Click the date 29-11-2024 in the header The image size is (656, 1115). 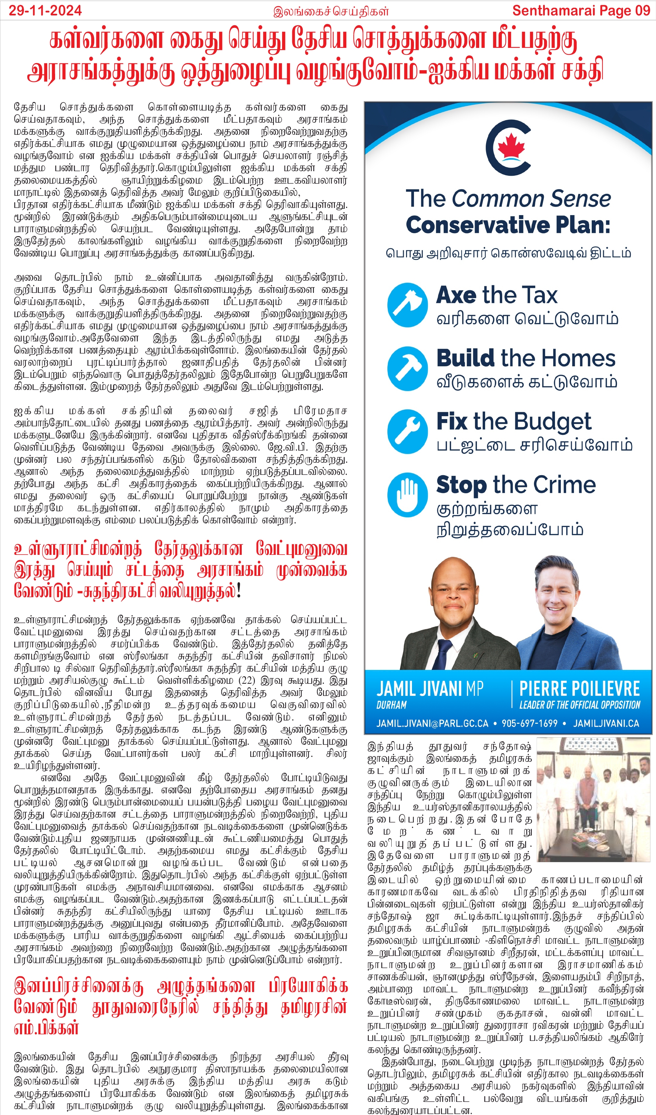pos(45,10)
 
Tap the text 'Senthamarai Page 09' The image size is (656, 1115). pos(581,10)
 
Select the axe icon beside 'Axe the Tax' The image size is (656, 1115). pos(407,305)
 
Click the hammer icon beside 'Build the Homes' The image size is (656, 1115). pos(407,368)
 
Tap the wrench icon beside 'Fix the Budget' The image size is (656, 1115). pos(407,431)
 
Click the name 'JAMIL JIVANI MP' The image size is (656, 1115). pos(429,689)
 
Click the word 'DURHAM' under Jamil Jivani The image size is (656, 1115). pos(391,705)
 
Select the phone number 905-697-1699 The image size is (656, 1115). pos(529,723)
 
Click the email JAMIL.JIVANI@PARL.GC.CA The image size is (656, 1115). pos(432,723)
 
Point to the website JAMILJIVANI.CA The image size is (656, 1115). pos(606,723)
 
